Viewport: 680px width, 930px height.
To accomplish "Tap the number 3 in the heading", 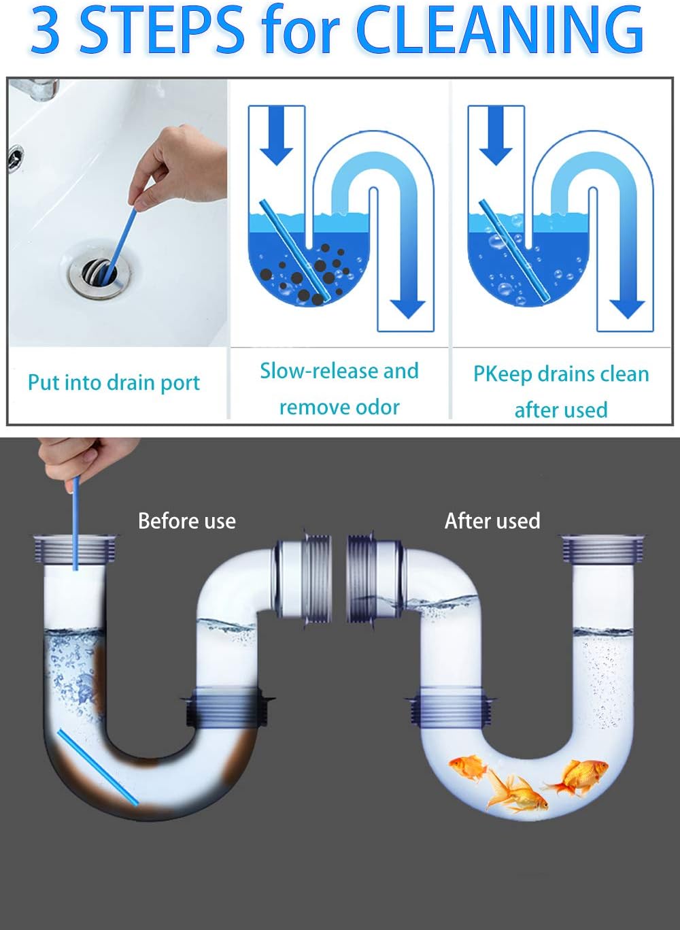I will (x=46, y=31).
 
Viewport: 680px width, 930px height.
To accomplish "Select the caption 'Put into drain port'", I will (x=114, y=382).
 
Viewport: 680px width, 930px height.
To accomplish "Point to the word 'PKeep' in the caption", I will (x=502, y=374).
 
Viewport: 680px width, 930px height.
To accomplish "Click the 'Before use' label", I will (x=186, y=521).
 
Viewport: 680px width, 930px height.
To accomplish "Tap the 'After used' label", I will (x=492, y=521).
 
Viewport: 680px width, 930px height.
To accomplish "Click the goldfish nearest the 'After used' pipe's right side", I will (x=578, y=776).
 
